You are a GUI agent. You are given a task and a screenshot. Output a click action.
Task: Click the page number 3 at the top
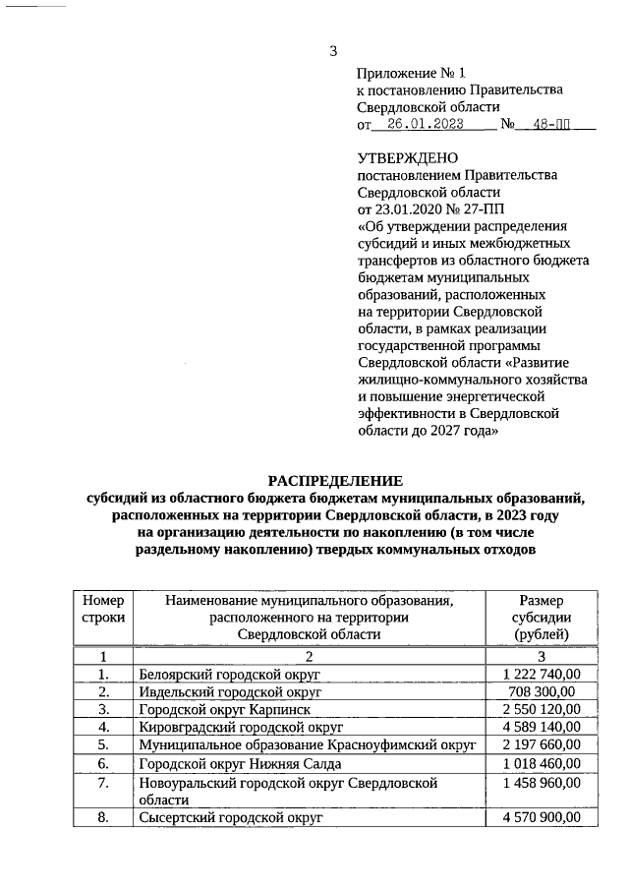pos(333,51)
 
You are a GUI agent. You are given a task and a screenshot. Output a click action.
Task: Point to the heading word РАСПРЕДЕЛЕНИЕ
pos(335,481)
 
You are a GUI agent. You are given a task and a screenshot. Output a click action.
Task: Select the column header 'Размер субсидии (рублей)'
pos(542,618)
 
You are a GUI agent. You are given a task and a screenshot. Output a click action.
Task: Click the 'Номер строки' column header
pos(103,609)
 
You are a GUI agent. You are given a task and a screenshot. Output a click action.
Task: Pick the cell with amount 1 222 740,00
pos(542,674)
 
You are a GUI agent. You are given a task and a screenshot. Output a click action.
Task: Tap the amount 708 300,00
pos(542,691)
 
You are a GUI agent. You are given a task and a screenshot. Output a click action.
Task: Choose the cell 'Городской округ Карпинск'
pos(224,709)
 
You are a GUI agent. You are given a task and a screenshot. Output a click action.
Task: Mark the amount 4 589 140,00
pos(542,727)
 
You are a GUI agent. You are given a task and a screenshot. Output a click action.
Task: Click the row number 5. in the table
pos(103,744)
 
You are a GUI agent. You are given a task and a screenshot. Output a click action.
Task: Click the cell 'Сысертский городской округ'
pos(231,817)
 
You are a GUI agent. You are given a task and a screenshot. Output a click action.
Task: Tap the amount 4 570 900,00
pos(542,817)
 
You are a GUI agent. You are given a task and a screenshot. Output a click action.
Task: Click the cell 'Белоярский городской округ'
pos(230,674)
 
